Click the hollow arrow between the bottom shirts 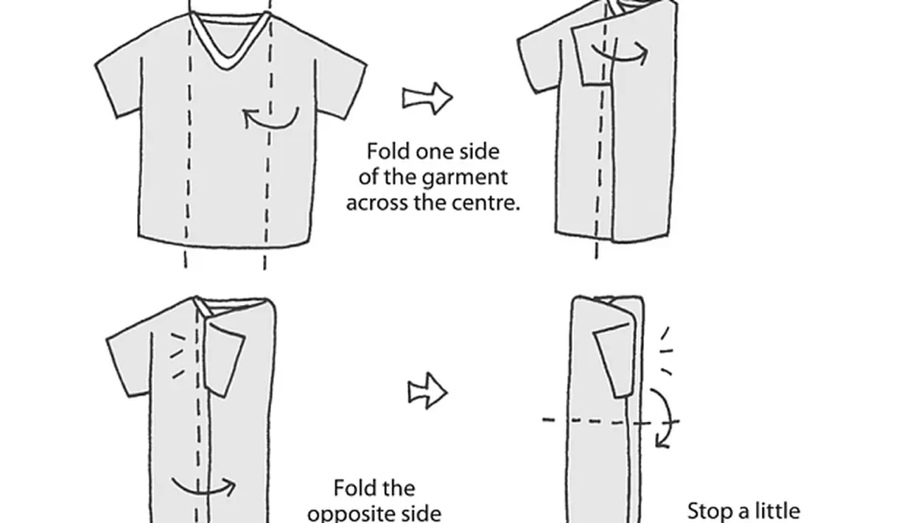click(x=428, y=391)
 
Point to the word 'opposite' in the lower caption click(x=374, y=513)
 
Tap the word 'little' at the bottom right click(x=773, y=510)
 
